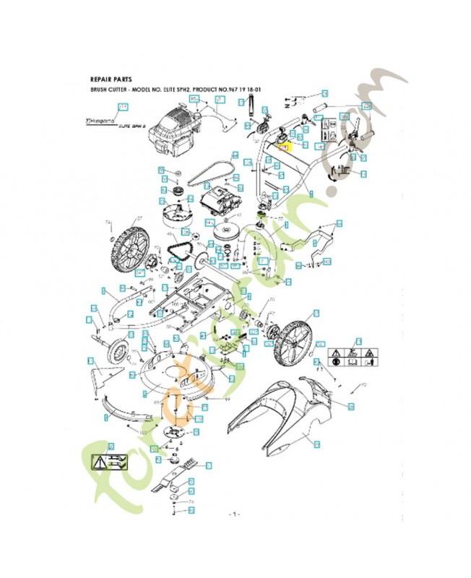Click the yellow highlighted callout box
282,145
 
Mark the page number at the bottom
235,514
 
